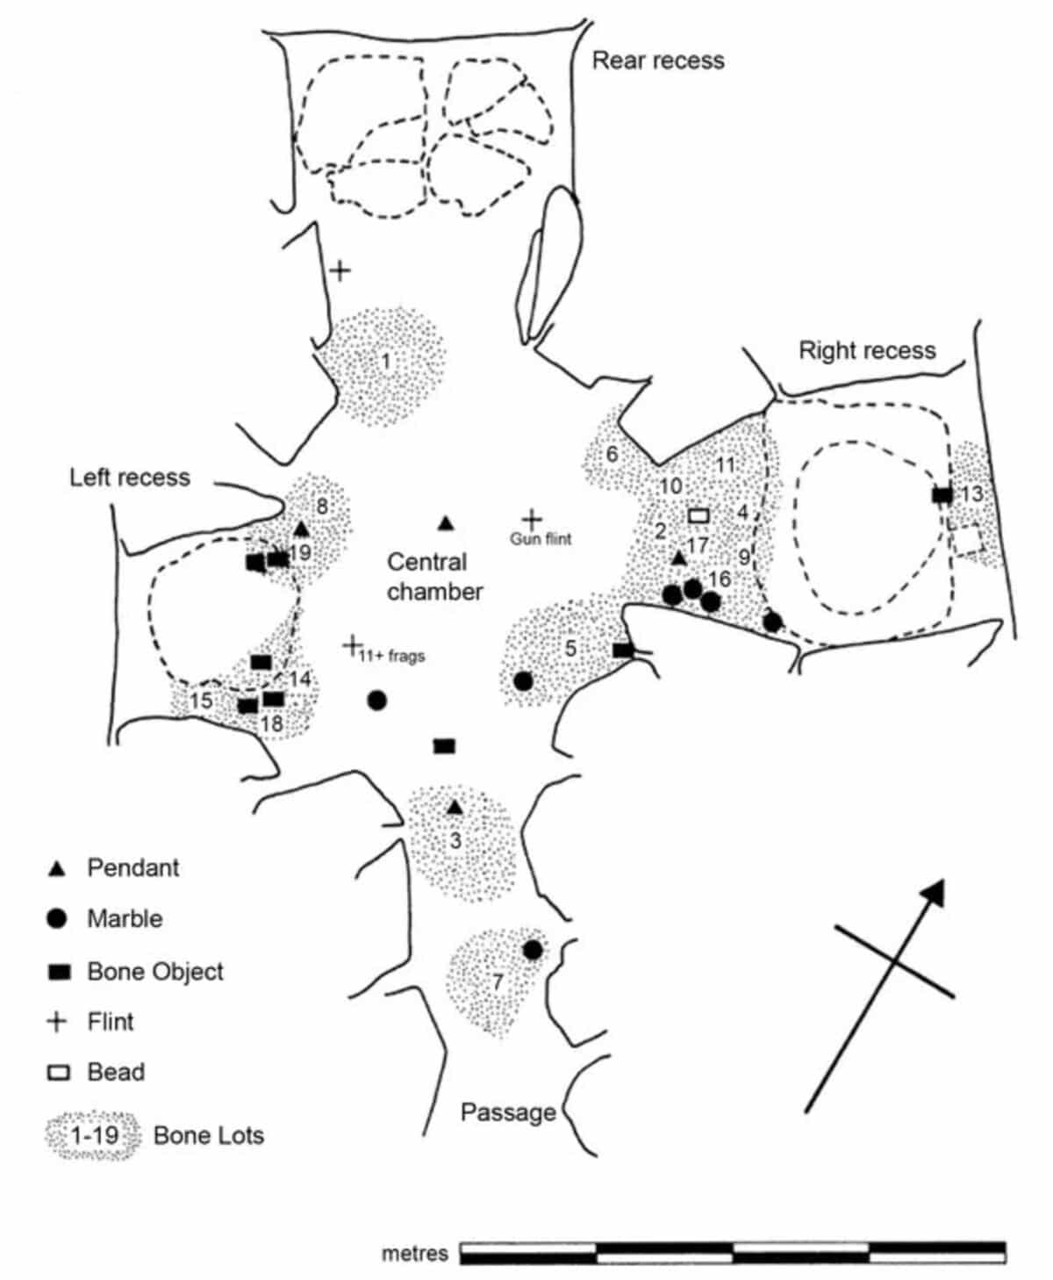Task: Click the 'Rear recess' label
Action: tap(658, 61)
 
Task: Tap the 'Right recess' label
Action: tap(866, 350)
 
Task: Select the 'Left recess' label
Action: tap(130, 477)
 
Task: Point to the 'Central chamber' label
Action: tap(434, 577)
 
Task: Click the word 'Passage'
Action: tap(508, 1112)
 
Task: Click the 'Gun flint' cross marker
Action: tap(532, 519)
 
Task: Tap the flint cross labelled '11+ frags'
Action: tap(352, 646)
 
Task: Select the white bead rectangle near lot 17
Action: tap(698, 515)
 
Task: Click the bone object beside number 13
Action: tap(942, 495)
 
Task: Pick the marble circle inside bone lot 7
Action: tap(532, 950)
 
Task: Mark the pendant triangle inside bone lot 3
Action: tap(455, 808)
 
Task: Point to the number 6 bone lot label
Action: tap(612, 455)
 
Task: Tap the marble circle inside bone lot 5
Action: tap(523, 680)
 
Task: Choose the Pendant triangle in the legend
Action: tap(57, 869)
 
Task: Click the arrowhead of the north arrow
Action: tap(935, 890)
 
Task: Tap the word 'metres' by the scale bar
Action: tap(414, 1254)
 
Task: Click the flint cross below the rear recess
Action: tap(339, 270)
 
